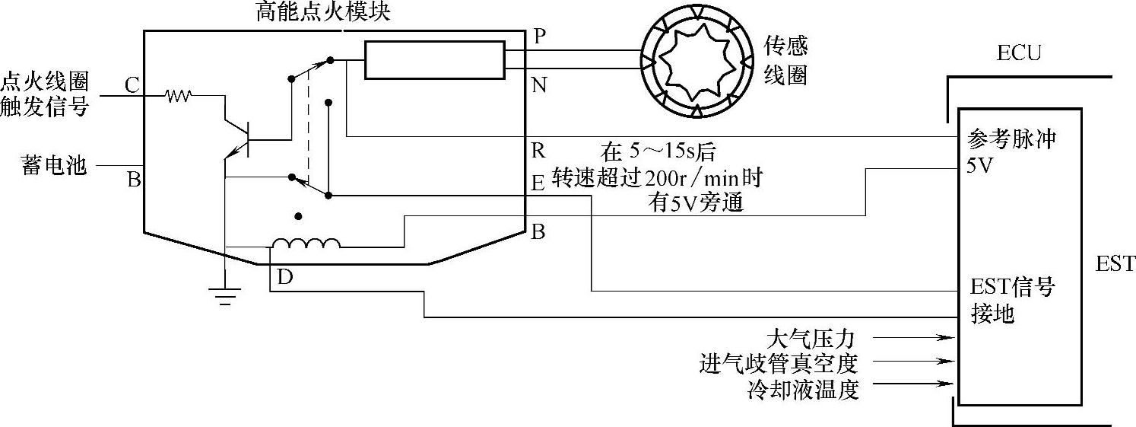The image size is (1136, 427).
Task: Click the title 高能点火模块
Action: pos(324,12)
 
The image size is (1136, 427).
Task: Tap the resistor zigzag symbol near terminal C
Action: pos(179,96)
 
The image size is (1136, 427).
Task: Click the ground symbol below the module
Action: pos(225,296)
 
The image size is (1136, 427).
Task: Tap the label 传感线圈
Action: pos(785,60)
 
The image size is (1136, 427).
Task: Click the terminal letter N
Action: pos(539,85)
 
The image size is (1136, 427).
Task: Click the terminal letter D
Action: pos(285,278)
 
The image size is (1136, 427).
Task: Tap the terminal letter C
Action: pos(132,85)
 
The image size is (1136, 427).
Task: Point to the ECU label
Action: pos(1018,53)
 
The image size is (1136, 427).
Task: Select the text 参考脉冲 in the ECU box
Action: pos(1011,140)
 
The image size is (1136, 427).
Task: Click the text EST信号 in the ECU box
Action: pos(1012,288)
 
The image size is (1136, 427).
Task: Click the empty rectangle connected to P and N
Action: pos(434,59)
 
